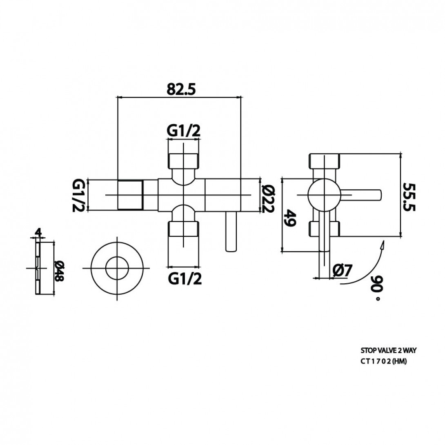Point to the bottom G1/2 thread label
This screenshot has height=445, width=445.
[184, 279]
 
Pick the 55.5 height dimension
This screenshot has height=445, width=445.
[409, 196]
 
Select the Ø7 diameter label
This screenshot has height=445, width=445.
[342, 270]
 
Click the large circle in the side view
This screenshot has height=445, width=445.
[324, 195]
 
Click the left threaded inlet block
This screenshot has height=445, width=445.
[130, 195]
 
